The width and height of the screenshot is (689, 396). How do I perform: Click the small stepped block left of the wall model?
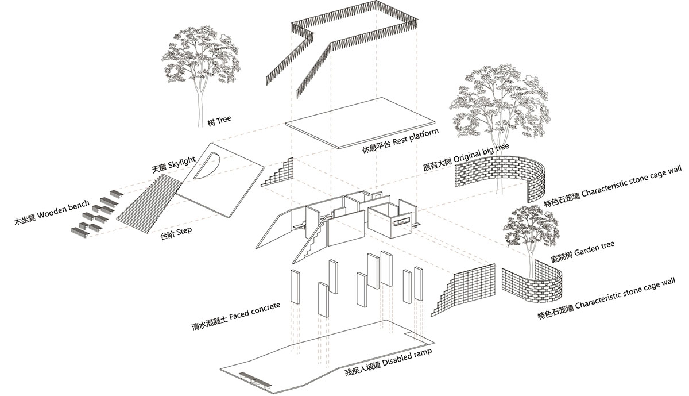279,174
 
